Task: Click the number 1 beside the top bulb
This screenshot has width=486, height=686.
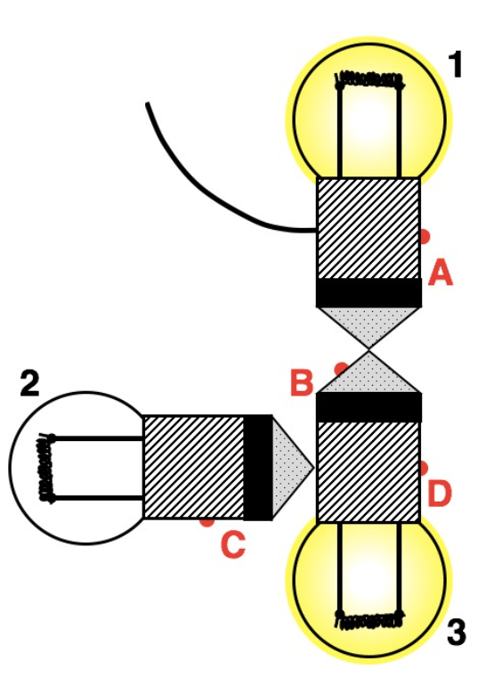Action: pyautogui.click(x=456, y=65)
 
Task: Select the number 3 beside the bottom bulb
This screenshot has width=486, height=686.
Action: pyautogui.click(x=457, y=632)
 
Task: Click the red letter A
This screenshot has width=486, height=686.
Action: pyautogui.click(x=441, y=272)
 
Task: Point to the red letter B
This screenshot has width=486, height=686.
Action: pyautogui.click(x=302, y=381)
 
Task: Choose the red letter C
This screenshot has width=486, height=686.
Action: pyautogui.click(x=233, y=544)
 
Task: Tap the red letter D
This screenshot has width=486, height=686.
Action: pyautogui.click(x=439, y=494)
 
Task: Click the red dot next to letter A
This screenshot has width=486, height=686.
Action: pyautogui.click(x=424, y=236)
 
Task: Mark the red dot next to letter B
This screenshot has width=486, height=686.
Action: pyautogui.click(x=341, y=369)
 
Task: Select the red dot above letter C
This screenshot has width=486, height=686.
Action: pyautogui.click(x=207, y=522)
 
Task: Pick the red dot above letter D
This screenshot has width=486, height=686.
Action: pyautogui.click(x=423, y=468)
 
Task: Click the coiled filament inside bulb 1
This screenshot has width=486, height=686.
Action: pyautogui.click(x=369, y=80)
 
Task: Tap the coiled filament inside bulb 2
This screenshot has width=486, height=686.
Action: pyautogui.click(x=46, y=467)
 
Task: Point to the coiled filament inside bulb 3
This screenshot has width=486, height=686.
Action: pyautogui.click(x=369, y=618)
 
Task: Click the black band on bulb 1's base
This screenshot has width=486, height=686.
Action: pyautogui.click(x=369, y=293)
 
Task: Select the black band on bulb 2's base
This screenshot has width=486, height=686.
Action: pyautogui.click(x=258, y=467)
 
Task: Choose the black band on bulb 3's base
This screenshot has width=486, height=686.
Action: pyautogui.click(x=369, y=407)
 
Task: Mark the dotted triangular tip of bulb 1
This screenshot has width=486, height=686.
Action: pyautogui.click(x=369, y=323)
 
